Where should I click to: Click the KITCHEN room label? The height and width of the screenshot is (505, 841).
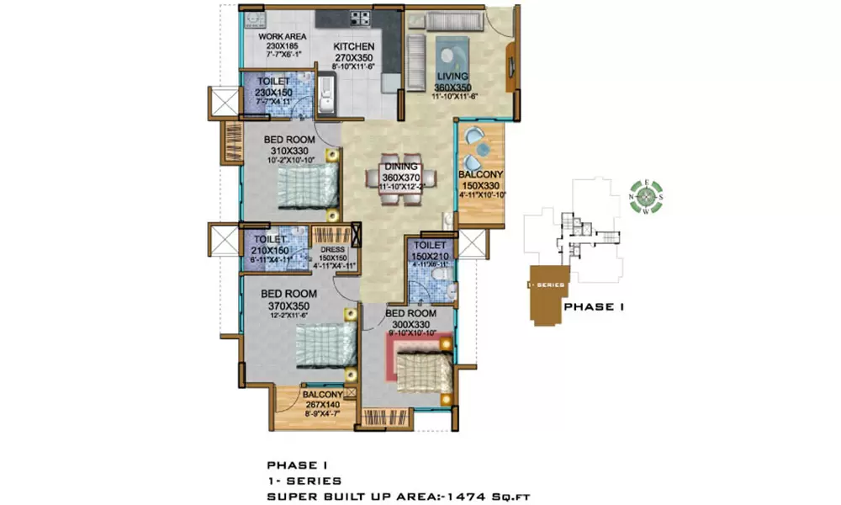[347, 47]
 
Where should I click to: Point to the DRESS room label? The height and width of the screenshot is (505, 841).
[335, 249]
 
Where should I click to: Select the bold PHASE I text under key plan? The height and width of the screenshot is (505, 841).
[593, 307]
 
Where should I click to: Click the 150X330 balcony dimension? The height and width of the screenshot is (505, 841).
[479, 185]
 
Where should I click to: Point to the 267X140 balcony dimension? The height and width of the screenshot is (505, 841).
[324, 403]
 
